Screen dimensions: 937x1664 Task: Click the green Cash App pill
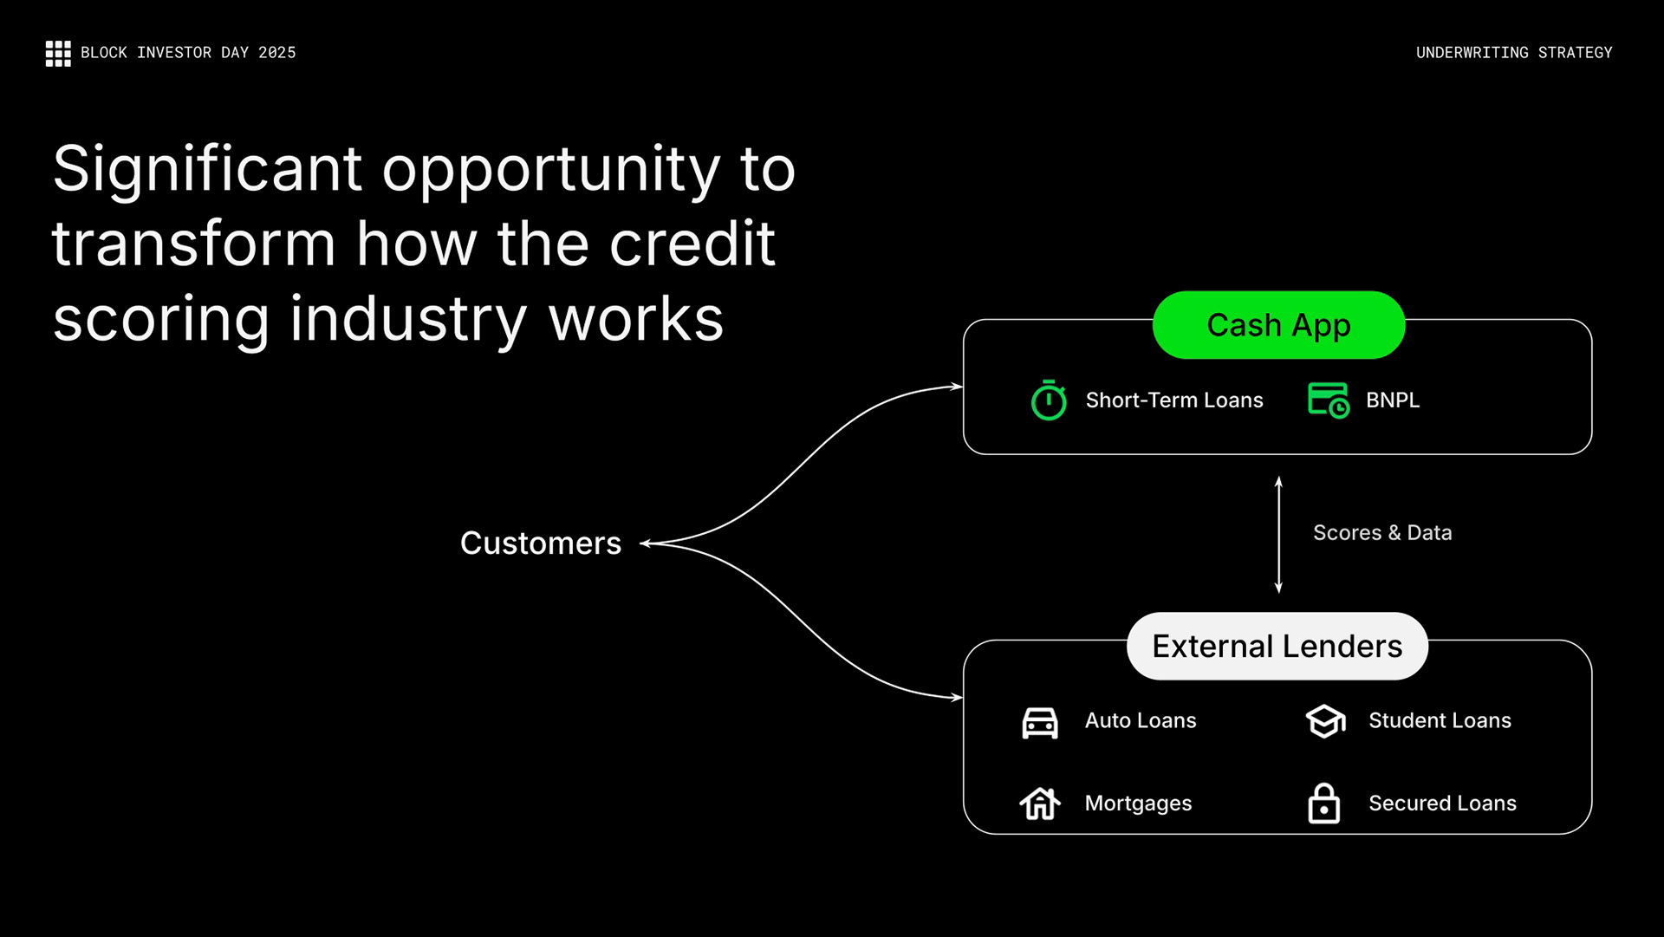point(1278,325)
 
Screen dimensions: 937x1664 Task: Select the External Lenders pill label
point(1277,647)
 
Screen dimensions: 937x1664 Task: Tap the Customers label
point(540,543)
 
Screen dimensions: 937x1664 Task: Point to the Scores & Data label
point(1381,533)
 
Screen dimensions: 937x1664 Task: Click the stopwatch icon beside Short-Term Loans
point(1048,400)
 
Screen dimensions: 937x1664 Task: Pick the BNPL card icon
point(1328,400)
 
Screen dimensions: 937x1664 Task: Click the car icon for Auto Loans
point(1039,722)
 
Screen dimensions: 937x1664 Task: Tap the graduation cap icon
point(1325,721)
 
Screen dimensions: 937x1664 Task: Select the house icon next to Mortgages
point(1039,804)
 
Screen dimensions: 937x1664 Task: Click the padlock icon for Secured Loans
point(1323,804)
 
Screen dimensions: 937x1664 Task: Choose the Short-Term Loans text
point(1173,400)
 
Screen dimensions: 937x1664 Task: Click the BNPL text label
point(1392,400)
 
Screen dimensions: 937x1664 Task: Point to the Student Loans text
point(1439,721)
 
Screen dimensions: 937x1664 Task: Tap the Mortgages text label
point(1138,804)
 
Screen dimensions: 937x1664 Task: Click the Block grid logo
point(58,53)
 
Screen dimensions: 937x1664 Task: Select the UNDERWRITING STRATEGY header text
point(1513,53)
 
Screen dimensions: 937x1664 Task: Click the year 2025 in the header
point(276,53)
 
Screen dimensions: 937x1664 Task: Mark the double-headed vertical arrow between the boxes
point(1278,535)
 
